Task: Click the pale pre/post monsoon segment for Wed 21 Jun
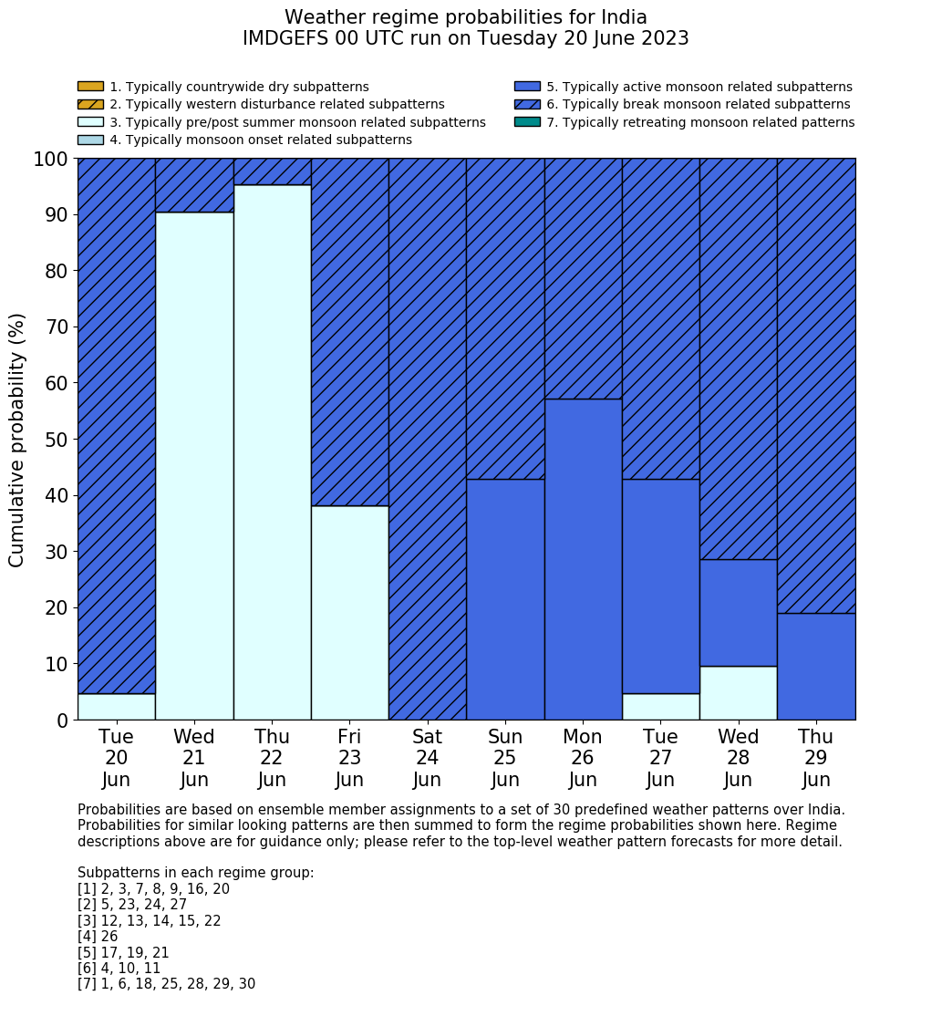(194, 465)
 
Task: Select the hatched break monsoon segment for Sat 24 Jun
(428, 439)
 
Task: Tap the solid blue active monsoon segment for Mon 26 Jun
(583, 559)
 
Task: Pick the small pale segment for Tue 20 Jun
(117, 707)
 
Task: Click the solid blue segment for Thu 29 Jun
(816, 667)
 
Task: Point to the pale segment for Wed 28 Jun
(739, 693)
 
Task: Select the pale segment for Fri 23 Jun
(350, 613)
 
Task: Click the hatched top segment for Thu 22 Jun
(273, 171)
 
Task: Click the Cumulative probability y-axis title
(17, 440)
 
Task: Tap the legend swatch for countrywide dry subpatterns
(90, 87)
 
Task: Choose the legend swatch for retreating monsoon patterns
(527, 121)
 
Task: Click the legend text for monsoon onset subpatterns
(261, 140)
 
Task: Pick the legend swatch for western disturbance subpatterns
(90, 104)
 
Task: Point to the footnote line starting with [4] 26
(98, 937)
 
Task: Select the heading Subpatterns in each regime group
(195, 873)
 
